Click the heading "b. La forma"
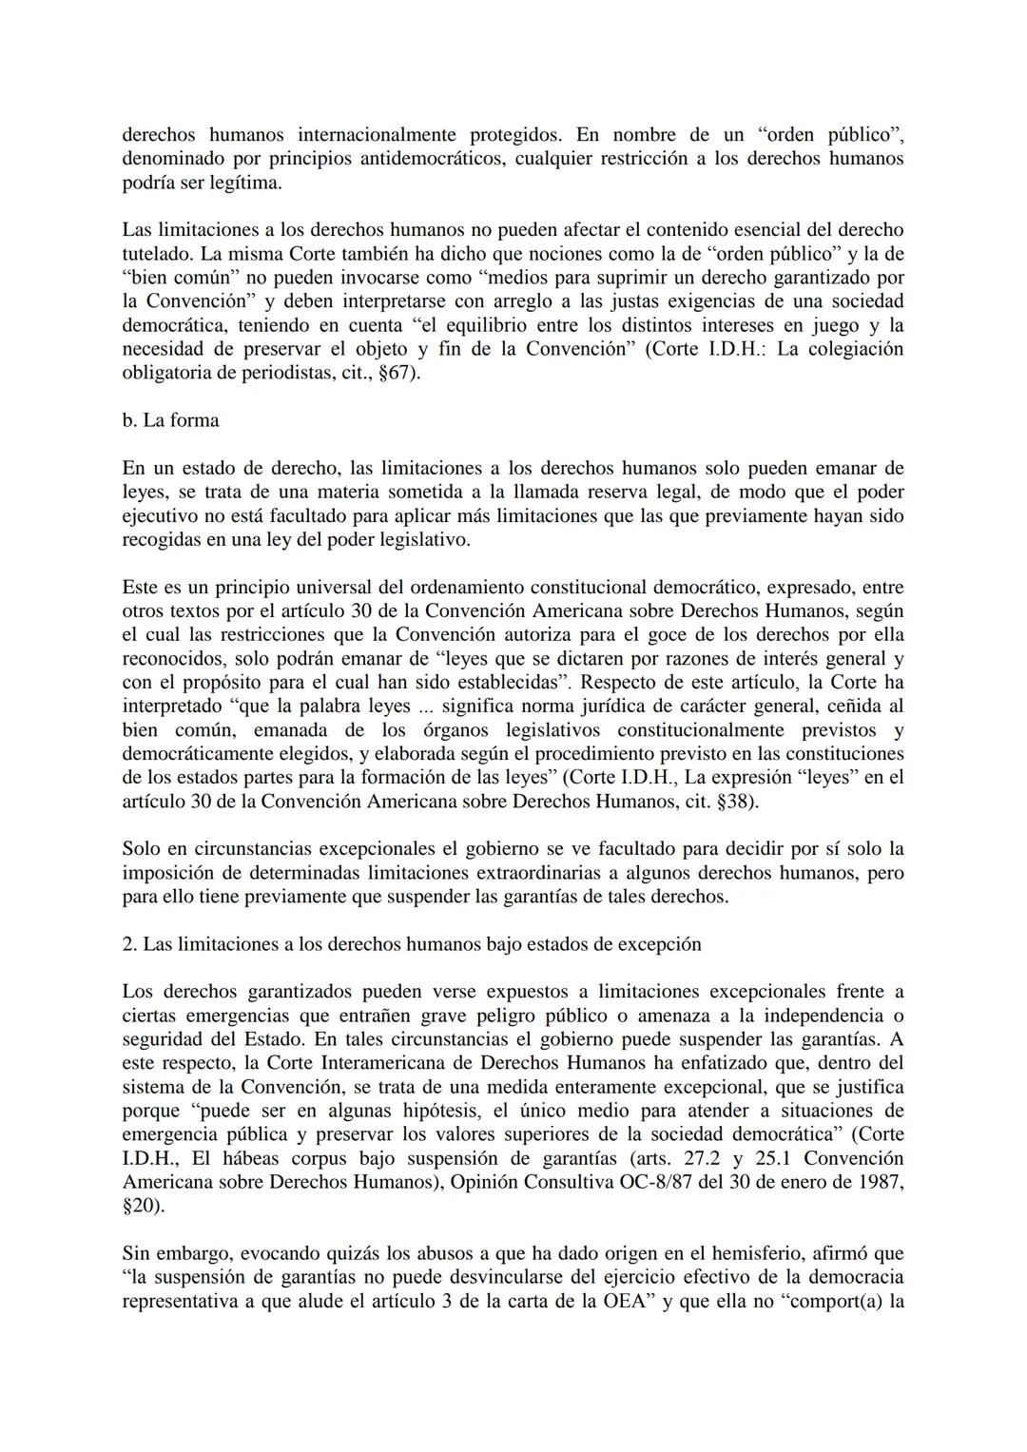click(170, 420)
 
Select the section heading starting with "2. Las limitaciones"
click(412, 944)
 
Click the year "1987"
click(881, 1182)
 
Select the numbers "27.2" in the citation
click(726, 1158)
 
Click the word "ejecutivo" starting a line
click(159, 515)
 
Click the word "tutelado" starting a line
click(156, 254)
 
